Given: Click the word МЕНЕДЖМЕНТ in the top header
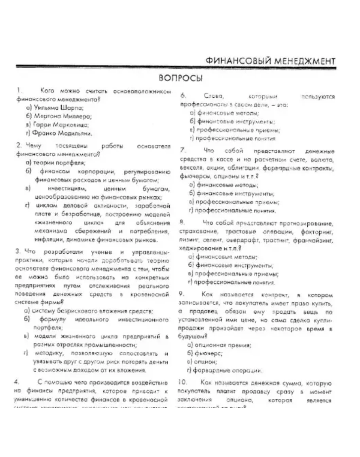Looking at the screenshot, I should tap(302, 61).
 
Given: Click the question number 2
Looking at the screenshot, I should tap(19, 146).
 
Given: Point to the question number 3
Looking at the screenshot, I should tap(19, 251).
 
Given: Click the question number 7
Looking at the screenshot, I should tap(183, 151).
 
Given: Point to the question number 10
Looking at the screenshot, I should tap(183, 383).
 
